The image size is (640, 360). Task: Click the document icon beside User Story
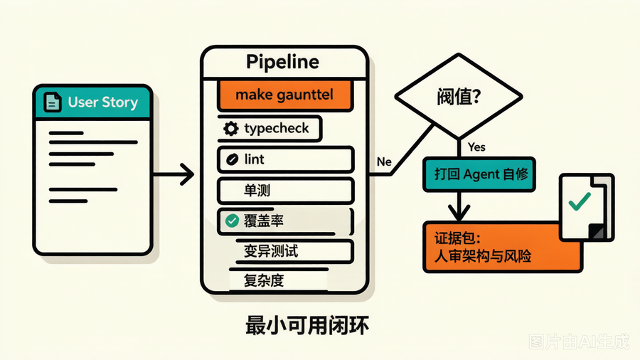(52, 102)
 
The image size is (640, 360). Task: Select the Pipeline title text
(282, 62)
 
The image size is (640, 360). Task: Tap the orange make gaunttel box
(284, 95)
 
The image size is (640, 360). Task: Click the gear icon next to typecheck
(230, 129)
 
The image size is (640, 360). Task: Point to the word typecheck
(277, 129)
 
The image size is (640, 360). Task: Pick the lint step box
(285, 159)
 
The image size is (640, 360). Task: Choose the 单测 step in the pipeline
(285, 191)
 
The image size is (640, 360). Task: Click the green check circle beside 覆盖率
(232, 221)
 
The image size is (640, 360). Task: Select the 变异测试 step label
(271, 251)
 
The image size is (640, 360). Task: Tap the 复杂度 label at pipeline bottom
(264, 280)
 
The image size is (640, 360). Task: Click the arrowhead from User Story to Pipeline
(187, 174)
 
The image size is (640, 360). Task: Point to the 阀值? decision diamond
(459, 97)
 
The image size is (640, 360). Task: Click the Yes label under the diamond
(476, 147)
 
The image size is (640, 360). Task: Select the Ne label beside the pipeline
(384, 162)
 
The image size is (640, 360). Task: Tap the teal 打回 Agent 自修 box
(479, 174)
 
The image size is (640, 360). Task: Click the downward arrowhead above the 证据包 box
(459, 213)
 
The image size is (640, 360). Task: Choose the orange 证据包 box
(503, 247)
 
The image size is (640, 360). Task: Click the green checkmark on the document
(580, 201)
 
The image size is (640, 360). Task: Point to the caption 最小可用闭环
(307, 326)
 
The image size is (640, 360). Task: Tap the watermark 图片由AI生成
(579, 342)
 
